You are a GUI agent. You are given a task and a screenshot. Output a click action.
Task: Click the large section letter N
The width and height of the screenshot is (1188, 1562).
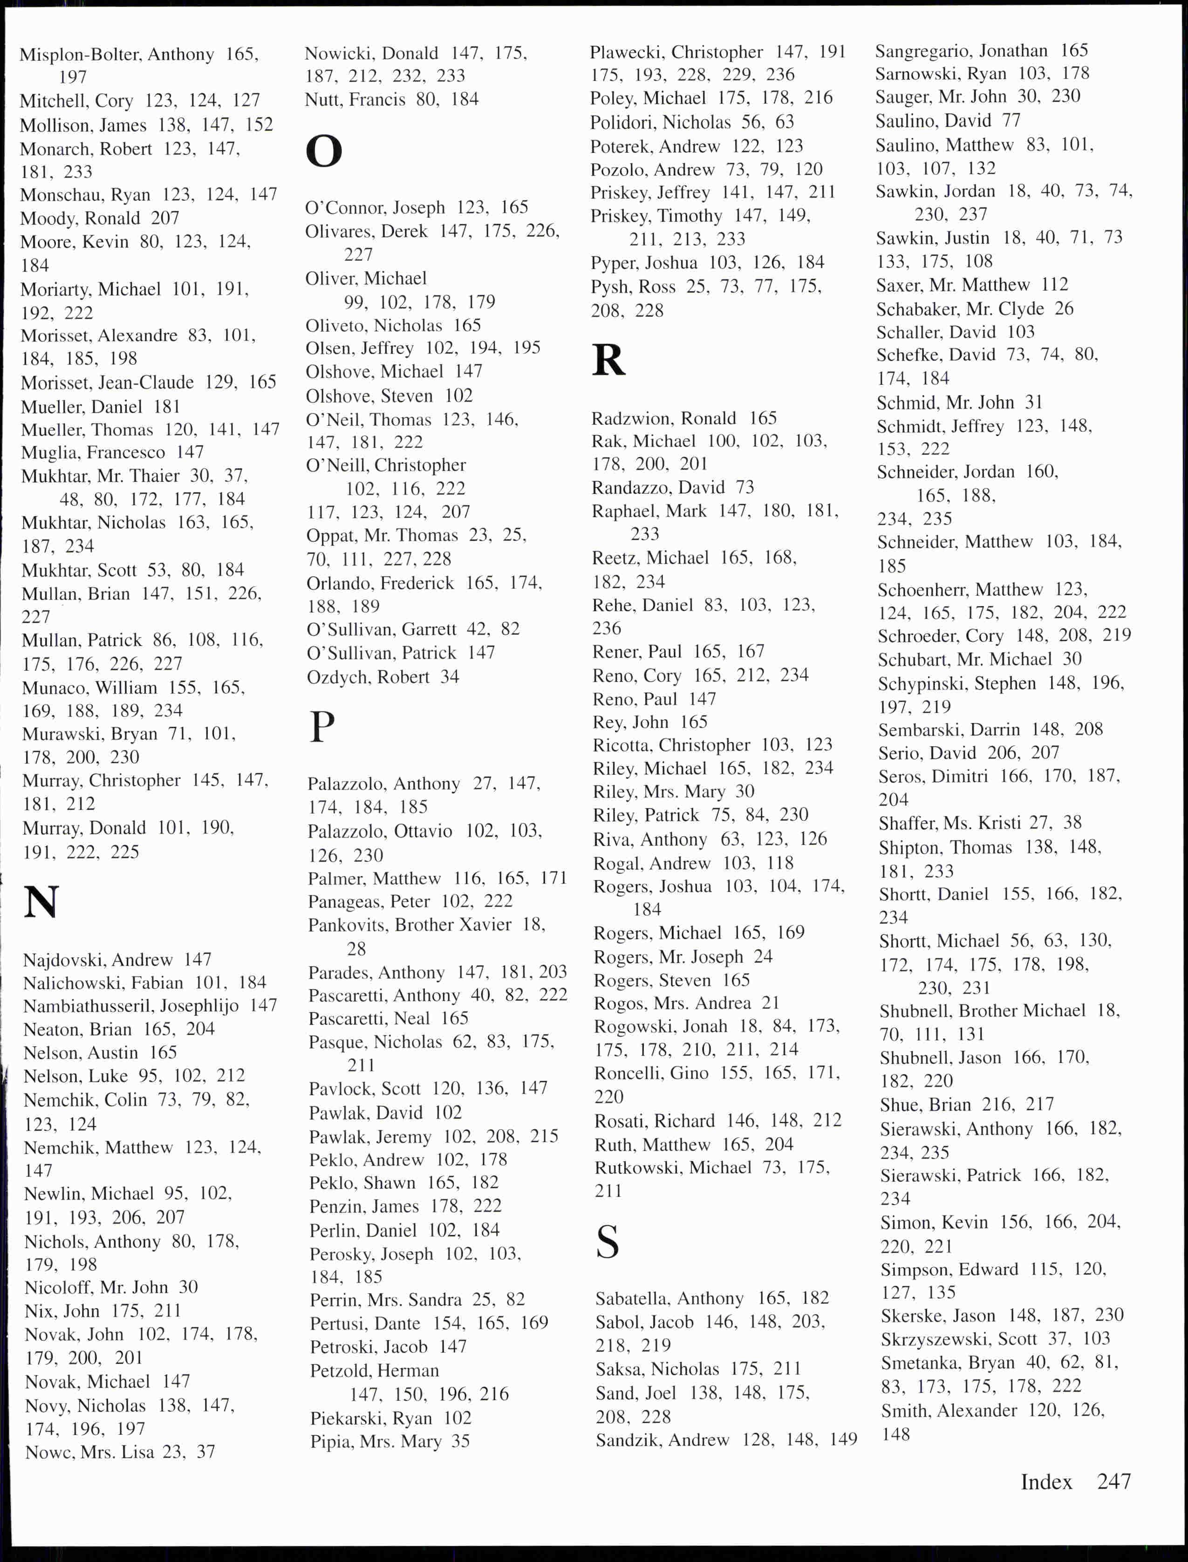(x=41, y=903)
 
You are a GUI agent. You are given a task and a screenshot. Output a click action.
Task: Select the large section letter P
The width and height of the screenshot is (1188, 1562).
(x=322, y=726)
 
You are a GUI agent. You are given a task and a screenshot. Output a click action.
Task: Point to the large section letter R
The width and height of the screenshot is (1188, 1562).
(x=608, y=360)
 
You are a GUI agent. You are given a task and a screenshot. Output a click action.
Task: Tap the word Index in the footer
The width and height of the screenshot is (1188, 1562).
(x=1046, y=1481)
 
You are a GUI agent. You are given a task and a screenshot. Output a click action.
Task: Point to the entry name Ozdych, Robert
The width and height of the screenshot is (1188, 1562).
(x=368, y=677)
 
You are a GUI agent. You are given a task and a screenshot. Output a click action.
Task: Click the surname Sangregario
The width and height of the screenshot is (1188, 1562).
(x=916, y=51)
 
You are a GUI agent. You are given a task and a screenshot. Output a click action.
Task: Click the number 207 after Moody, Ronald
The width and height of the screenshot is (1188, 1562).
(x=165, y=218)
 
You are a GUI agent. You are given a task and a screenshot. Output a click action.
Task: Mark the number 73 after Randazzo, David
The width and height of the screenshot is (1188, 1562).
(x=744, y=487)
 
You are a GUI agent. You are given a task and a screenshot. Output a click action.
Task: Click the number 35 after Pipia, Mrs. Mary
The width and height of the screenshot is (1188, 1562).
(x=460, y=1440)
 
